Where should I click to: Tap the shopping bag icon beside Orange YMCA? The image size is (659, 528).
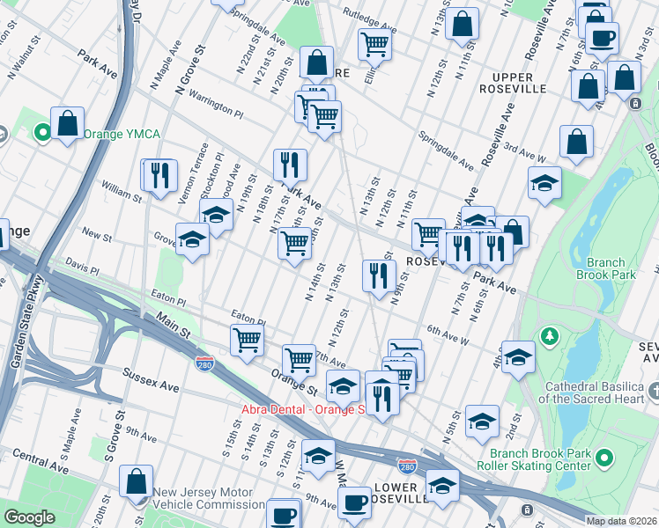(x=67, y=125)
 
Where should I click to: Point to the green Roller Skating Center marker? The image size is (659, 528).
(x=603, y=458)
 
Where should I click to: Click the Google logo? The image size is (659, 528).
(x=30, y=517)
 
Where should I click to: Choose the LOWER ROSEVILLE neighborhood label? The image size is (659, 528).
(x=402, y=493)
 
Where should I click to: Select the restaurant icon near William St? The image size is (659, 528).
(x=159, y=174)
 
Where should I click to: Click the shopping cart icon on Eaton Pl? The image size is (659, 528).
(x=247, y=340)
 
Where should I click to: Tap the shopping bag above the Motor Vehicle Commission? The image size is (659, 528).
(x=137, y=482)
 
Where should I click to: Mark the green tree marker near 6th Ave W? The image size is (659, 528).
(x=551, y=335)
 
